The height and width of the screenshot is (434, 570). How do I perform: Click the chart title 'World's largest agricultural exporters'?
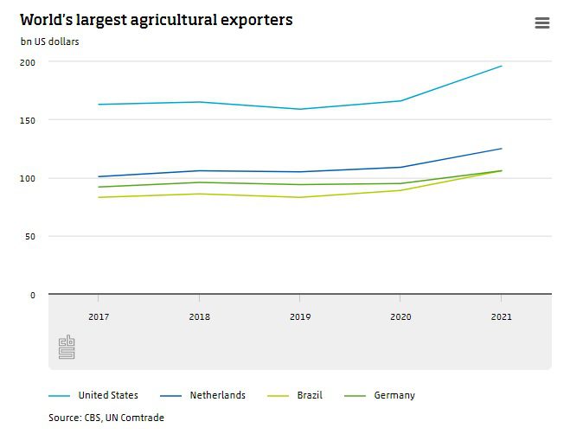[156, 20]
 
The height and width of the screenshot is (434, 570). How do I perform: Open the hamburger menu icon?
[542, 23]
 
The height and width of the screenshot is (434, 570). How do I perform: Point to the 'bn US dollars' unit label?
[50, 41]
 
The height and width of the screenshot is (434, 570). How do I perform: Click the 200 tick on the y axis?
[29, 62]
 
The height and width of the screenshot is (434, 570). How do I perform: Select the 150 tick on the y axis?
[29, 120]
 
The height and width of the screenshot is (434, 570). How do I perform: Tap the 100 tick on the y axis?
[29, 178]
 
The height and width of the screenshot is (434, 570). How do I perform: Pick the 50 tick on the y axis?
[30, 236]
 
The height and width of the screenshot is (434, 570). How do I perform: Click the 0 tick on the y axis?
[33, 295]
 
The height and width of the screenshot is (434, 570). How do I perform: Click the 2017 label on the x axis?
[99, 316]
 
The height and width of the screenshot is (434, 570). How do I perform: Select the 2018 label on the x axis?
[200, 316]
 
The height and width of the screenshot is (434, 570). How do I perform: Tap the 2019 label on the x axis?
[300, 316]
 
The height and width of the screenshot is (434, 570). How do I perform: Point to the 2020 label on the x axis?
[400, 316]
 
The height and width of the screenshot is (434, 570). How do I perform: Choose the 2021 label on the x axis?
[501, 316]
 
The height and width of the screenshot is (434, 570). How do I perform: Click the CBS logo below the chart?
[67, 348]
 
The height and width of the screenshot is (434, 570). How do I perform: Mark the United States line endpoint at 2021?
[502, 66]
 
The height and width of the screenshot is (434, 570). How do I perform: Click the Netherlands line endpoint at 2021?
[502, 149]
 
